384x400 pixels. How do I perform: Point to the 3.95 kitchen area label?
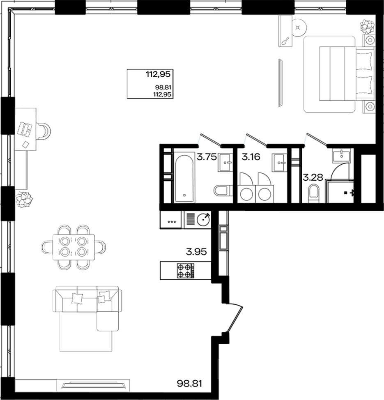196,252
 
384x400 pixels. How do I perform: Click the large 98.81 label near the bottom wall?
190,384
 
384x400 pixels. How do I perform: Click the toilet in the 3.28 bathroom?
313,192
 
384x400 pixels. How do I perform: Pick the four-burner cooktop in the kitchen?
185,271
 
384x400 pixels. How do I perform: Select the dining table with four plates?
74,247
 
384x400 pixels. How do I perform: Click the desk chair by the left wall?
45,131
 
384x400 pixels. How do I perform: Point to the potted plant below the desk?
23,200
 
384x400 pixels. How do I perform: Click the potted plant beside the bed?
367,27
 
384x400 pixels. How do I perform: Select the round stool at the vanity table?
299,28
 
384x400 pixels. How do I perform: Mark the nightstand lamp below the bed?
370,107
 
